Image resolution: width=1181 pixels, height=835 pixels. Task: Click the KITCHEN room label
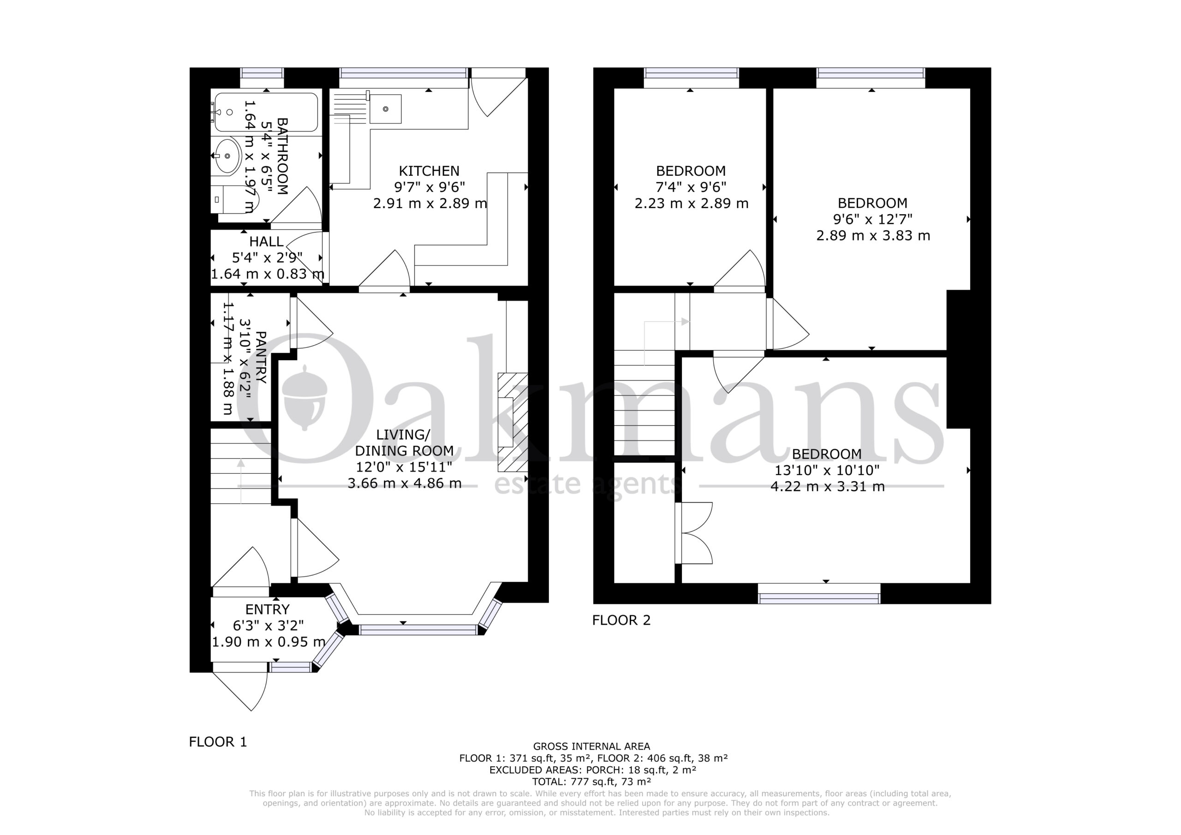429,171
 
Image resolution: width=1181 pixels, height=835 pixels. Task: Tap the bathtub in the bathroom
266,112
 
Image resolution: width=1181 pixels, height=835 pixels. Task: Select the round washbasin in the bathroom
227,155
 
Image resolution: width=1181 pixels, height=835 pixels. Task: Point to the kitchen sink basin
385,109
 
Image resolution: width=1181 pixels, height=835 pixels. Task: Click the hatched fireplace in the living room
513,422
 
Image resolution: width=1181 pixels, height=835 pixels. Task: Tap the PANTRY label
261,358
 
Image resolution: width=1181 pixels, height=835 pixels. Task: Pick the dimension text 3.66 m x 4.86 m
404,483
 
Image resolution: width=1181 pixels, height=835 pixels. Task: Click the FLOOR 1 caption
218,742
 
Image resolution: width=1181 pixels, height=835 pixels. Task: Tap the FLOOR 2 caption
621,620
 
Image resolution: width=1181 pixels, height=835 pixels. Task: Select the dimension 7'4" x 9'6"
691,187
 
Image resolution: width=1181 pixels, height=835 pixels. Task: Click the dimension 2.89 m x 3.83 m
873,236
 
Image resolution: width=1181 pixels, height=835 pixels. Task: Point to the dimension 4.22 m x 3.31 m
827,486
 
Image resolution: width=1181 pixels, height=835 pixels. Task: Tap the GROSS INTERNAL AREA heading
591,746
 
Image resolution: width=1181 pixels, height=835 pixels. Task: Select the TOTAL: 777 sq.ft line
591,782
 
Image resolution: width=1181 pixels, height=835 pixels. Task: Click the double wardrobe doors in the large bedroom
694,533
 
